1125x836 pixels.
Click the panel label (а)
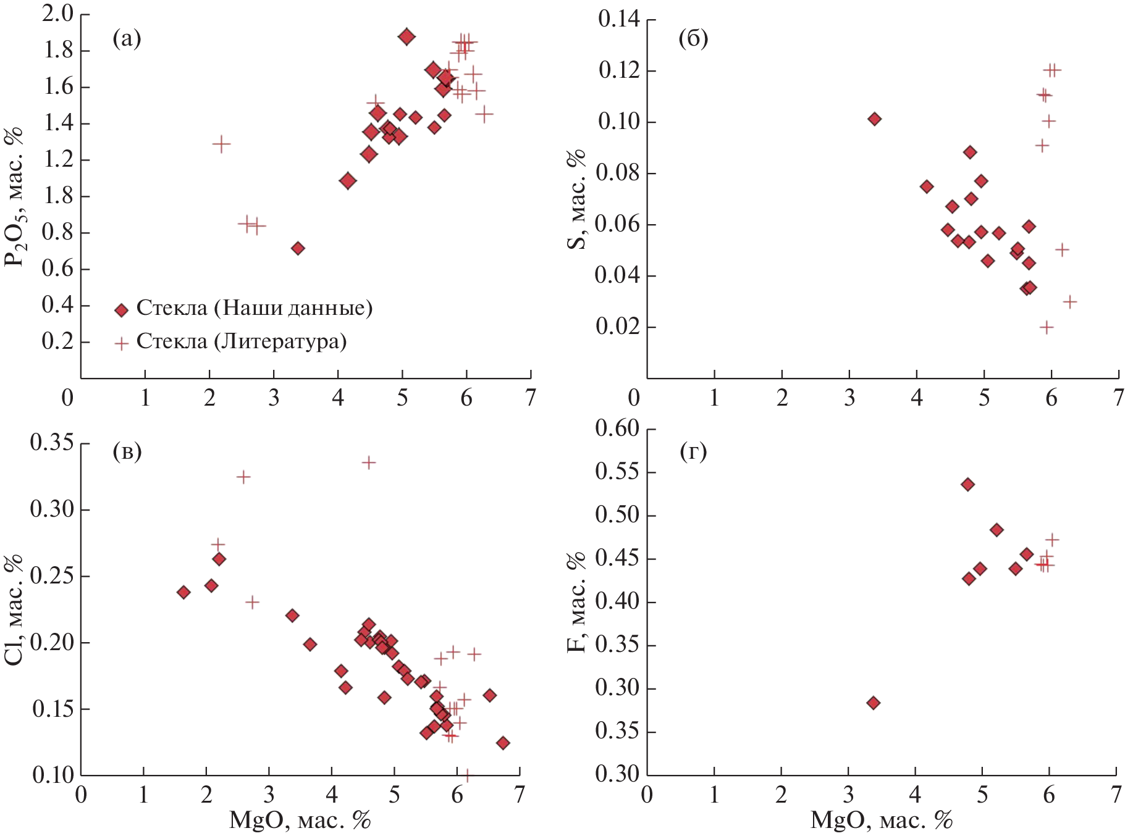tap(127, 39)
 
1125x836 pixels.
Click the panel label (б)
tap(693, 39)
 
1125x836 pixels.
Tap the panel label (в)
tap(127, 451)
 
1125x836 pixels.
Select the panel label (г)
tap(693, 451)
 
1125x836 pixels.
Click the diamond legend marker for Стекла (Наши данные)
tap(122, 310)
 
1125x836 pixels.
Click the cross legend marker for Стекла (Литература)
tap(122, 343)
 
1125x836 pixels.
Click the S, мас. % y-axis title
tap(576, 199)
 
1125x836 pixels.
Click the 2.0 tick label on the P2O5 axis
tap(57, 14)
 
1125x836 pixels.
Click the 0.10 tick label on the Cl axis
tap(53, 775)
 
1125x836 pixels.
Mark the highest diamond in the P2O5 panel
tap(407, 36)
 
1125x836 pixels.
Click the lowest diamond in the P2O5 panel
tap(298, 248)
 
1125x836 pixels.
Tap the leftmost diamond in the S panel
tap(874, 119)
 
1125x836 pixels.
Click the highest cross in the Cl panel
tap(369, 462)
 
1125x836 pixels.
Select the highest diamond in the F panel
tap(967, 485)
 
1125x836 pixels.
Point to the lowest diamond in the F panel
tap(873, 703)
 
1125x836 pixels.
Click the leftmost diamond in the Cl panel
tap(183, 592)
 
